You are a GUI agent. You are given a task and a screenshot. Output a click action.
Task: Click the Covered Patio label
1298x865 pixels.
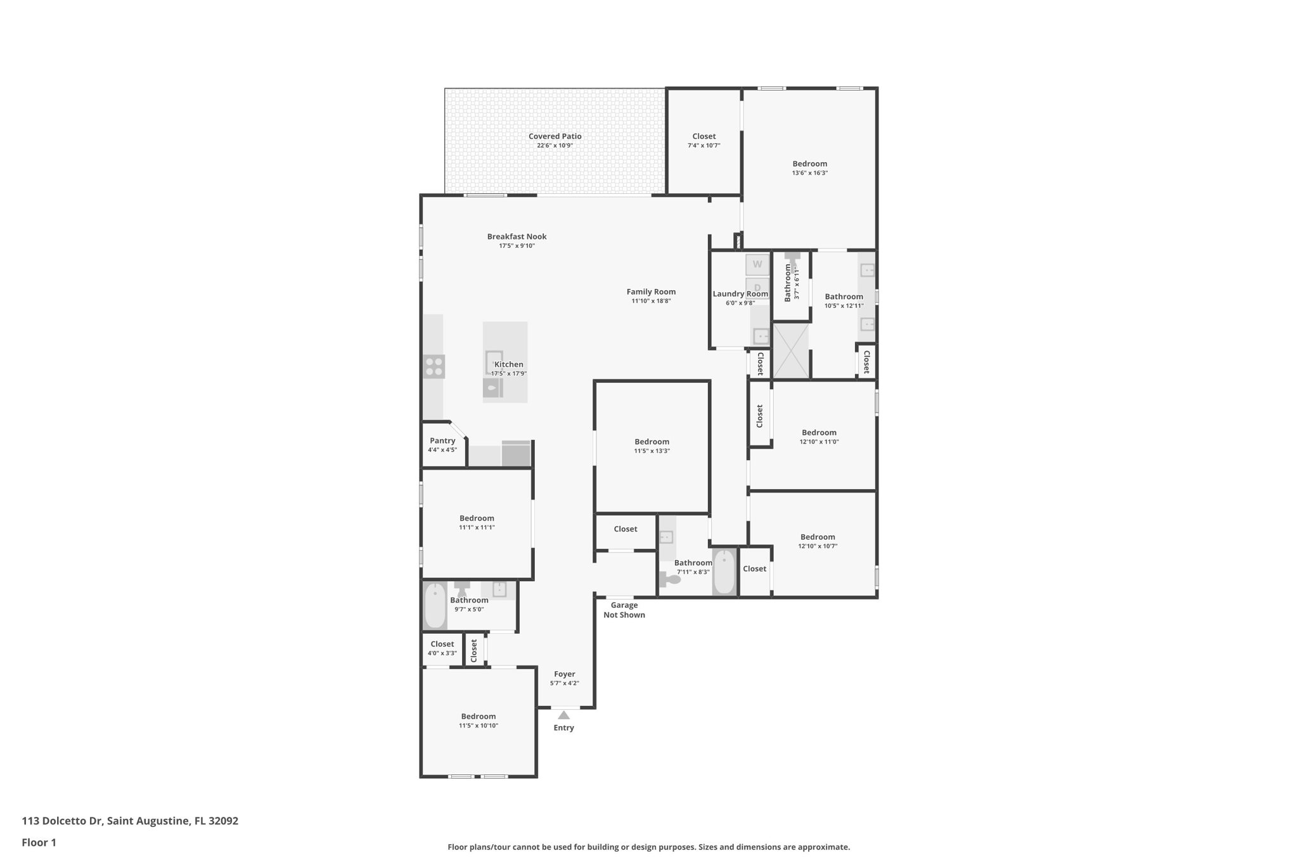pyautogui.click(x=555, y=136)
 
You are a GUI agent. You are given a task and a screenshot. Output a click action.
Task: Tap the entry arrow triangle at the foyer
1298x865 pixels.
pyautogui.click(x=563, y=715)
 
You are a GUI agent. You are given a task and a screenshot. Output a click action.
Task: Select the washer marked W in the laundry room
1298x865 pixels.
pyautogui.click(x=757, y=264)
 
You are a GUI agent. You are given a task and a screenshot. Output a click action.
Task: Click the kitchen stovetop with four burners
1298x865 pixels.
pyautogui.click(x=434, y=367)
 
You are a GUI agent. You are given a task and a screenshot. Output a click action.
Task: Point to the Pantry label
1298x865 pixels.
pyautogui.click(x=442, y=440)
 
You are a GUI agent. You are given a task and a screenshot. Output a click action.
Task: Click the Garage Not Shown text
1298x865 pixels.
pyautogui.click(x=624, y=610)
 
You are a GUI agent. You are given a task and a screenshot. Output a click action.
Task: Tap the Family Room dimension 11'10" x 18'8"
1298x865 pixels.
pyautogui.click(x=651, y=301)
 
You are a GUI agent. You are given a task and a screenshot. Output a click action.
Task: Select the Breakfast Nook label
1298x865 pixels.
pyautogui.click(x=517, y=236)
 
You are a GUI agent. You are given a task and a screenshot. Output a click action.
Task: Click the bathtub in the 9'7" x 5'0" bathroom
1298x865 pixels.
pyautogui.click(x=435, y=605)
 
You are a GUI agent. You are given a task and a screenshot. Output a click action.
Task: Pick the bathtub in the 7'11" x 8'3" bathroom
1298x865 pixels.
pyautogui.click(x=724, y=572)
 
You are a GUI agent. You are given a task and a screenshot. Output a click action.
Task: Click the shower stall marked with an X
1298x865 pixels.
pyautogui.click(x=791, y=350)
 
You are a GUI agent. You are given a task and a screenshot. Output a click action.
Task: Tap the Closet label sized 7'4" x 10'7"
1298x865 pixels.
pyautogui.click(x=704, y=136)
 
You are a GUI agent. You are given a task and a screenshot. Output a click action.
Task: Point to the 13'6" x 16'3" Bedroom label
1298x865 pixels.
pyautogui.click(x=810, y=163)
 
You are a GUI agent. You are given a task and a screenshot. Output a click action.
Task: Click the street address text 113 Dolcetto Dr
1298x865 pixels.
pyautogui.click(x=62, y=821)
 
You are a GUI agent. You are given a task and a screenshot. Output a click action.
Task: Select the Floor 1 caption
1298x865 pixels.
pyautogui.click(x=39, y=842)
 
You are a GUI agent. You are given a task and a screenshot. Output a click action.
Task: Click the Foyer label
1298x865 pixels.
pyautogui.click(x=564, y=674)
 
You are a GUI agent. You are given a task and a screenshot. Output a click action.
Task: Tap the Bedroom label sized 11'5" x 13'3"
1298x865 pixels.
pyautogui.click(x=652, y=442)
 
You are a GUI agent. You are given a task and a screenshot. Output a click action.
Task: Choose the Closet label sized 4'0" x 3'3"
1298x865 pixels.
pyautogui.click(x=442, y=644)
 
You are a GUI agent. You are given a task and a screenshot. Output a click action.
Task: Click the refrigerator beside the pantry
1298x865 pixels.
pyautogui.click(x=516, y=454)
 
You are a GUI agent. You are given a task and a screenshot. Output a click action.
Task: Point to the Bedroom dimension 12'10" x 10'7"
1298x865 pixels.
pyautogui.click(x=818, y=546)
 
